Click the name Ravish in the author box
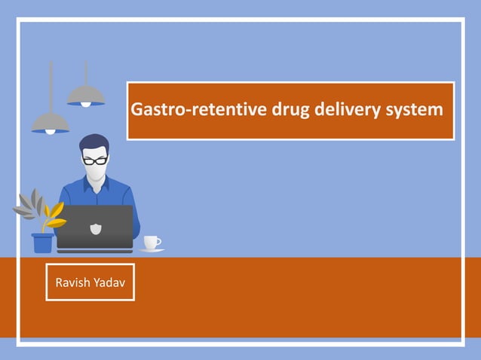(73, 282)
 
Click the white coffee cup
(151, 243)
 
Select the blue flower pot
(43, 243)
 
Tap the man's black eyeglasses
(95, 160)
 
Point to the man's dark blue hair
(94, 142)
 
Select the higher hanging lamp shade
(85, 96)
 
